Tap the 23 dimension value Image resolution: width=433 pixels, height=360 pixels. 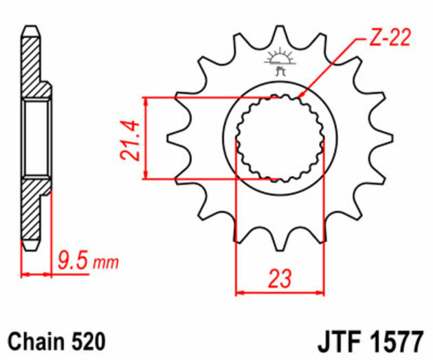(279, 279)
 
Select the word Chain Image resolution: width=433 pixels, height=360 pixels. (34, 340)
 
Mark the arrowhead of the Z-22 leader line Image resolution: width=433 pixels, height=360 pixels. (302, 94)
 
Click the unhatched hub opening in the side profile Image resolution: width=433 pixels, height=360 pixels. (36, 138)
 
